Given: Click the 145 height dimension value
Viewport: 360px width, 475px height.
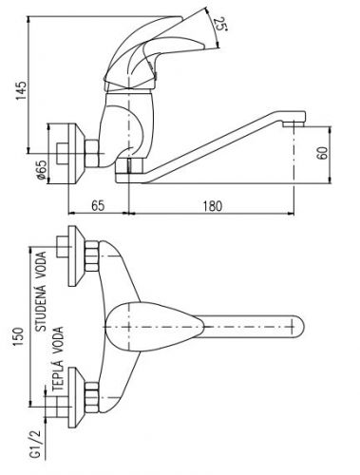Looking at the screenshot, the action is pos(22,90).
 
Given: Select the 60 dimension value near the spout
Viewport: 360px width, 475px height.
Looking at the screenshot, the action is pos(322,153).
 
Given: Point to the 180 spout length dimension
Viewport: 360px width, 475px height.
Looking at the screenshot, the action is pos(213,206).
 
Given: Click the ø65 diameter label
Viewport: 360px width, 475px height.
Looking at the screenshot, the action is pos(42,170).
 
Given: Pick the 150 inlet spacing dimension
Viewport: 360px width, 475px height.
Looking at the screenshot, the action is pos(18,336).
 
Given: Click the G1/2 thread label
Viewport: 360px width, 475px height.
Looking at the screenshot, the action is pos(36,444).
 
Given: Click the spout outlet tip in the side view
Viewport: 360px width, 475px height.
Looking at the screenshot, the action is pos(294,123).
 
